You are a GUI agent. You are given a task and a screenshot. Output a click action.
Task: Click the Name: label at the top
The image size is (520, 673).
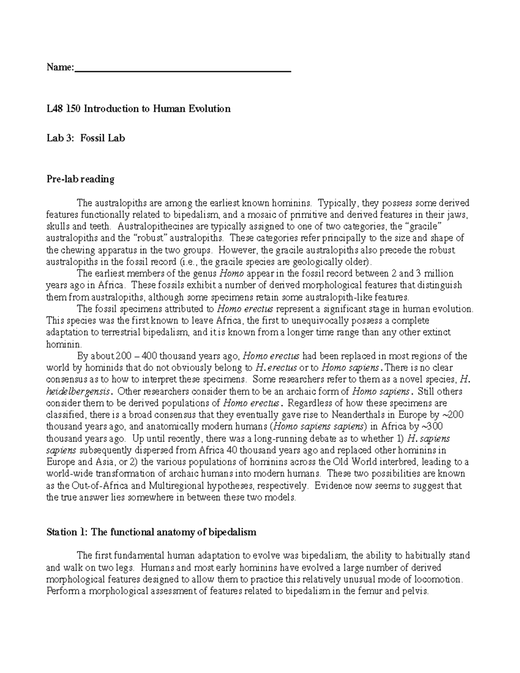60,68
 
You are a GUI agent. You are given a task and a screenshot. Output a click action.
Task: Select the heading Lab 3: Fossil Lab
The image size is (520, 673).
85,138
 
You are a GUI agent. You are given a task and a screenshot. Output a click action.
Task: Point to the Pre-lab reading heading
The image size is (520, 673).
80,179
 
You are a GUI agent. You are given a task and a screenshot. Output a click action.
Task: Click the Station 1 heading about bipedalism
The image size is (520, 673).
151,532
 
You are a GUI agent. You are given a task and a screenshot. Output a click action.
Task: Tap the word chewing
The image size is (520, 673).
75,250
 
